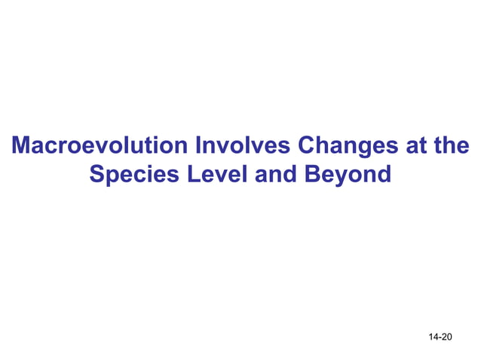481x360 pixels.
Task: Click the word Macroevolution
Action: pyautogui.click(x=101, y=145)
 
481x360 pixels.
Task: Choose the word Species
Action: pyautogui.click(x=133, y=175)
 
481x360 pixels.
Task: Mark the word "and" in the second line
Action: pyautogui.click(x=276, y=175)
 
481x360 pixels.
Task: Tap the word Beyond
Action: pyautogui.click(x=348, y=175)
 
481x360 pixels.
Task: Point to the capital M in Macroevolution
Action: pyautogui.click(x=23, y=145)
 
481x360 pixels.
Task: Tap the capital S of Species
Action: pyautogui.click(x=97, y=175)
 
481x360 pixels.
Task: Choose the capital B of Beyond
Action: pyautogui.click(x=311, y=175)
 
